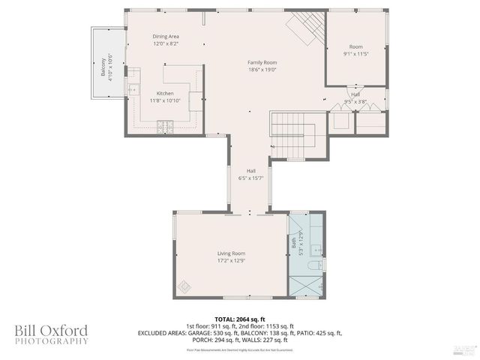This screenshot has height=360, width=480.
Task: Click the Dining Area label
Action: (166, 36)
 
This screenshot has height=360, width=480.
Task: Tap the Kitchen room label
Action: (165, 94)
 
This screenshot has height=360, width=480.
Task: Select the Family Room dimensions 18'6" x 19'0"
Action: (262, 69)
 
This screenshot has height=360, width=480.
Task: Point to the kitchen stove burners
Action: (164, 124)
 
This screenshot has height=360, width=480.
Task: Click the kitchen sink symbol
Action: (133, 89)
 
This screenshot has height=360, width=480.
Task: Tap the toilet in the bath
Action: (316, 265)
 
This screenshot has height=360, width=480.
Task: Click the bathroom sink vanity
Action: (316, 249)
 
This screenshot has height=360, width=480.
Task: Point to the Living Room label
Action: (231, 253)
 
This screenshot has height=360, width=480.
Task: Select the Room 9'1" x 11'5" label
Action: (355, 50)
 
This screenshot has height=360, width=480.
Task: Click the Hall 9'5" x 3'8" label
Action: (355, 98)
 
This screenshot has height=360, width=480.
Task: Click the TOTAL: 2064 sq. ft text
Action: (240, 319)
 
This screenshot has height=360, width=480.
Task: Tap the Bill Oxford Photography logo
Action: (51, 334)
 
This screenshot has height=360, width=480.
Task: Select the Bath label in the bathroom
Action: (294, 243)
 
